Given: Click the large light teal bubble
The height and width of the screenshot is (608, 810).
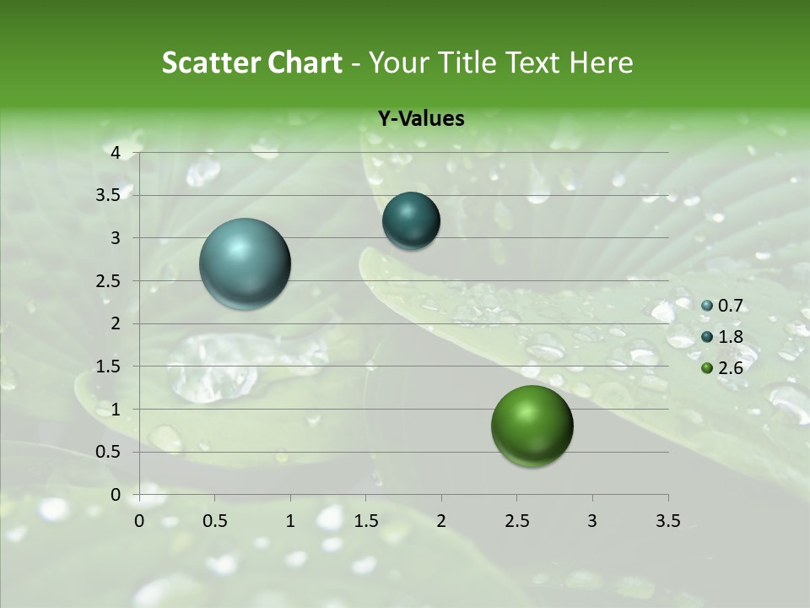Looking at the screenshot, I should click(x=246, y=263).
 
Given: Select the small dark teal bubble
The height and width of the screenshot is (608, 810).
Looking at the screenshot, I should click(x=411, y=220).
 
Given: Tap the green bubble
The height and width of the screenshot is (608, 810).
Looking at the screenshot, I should click(x=532, y=426).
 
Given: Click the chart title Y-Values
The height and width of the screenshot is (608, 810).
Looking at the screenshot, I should click(x=421, y=119).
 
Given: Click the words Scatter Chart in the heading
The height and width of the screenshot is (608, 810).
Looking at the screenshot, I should click(x=252, y=62).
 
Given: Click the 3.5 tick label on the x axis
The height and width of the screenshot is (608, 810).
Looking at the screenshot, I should click(x=667, y=521).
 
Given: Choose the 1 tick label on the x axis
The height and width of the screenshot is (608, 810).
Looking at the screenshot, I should click(x=290, y=521).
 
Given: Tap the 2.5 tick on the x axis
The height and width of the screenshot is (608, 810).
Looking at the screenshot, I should click(x=516, y=521).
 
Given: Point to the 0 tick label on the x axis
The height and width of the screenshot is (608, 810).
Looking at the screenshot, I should click(x=139, y=521).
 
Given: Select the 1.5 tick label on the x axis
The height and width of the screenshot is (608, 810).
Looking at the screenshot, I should click(x=365, y=521).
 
